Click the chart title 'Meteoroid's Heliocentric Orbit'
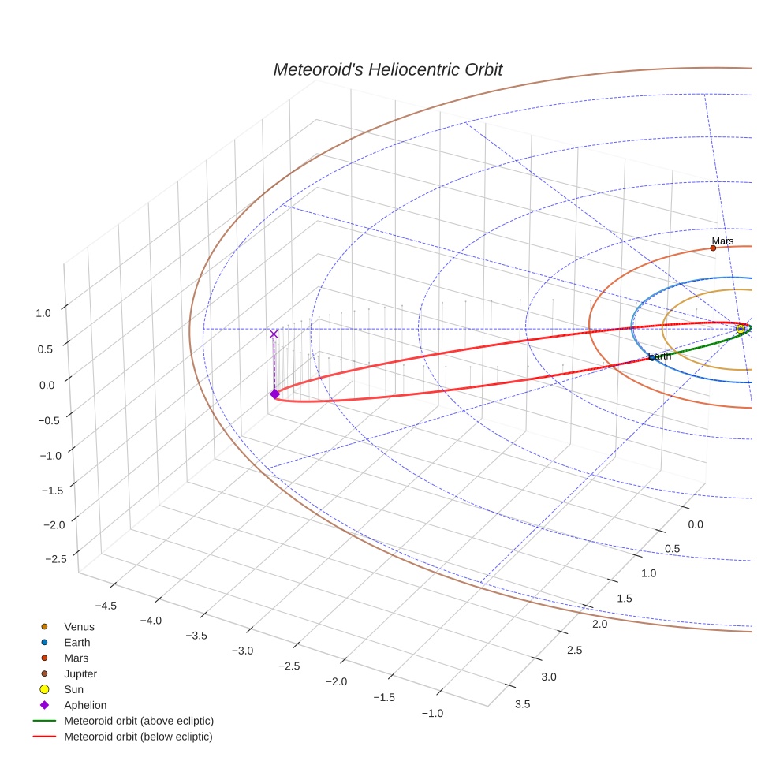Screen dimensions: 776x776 tap(387, 69)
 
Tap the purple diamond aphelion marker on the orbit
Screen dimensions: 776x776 tap(274, 394)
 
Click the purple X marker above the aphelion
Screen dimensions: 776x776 tap(274, 334)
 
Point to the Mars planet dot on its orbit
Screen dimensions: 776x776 tap(713, 248)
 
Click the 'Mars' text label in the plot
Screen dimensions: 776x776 tap(722, 241)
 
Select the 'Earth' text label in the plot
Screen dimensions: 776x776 tap(659, 356)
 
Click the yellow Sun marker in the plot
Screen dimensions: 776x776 tap(740, 329)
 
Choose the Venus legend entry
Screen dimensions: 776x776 tap(79, 627)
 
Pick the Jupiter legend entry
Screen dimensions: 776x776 tap(80, 674)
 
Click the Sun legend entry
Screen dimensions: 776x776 tap(73, 690)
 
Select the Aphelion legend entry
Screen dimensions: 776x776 tap(85, 705)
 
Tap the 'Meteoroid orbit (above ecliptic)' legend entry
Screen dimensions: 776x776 tap(139, 721)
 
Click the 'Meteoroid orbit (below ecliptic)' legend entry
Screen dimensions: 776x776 tap(138, 737)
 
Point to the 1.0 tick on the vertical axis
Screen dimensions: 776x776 tap(43, 312)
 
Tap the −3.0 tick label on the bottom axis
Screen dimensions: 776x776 tap(243, 651)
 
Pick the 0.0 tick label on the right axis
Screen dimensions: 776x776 tap(695, 525)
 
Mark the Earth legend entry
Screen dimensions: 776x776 tap(76, 643)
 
